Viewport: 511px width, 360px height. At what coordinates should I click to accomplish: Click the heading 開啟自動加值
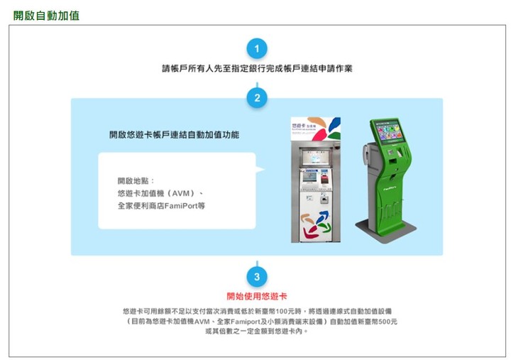coord(46,16)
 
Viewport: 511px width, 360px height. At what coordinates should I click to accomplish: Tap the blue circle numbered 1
coord(257,49)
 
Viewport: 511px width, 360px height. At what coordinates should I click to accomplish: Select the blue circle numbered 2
coord(257,98)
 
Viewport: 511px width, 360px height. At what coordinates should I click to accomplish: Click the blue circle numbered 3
coord(257,277)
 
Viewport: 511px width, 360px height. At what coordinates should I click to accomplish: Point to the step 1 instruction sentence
coord(257,68)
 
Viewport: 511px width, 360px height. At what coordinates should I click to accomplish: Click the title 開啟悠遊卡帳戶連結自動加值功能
coord(175,135)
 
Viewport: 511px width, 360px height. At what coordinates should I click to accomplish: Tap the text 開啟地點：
coord(136,181)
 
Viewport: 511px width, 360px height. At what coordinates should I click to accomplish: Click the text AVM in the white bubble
coord(181,193)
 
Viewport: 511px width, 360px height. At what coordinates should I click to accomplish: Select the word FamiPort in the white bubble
coord(181,206)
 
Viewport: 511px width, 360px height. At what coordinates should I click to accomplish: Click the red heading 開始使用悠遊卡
coord(257,296)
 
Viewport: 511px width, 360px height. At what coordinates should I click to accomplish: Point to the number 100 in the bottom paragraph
coord(281,312)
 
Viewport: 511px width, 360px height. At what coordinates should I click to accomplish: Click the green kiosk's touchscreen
coord(389,131)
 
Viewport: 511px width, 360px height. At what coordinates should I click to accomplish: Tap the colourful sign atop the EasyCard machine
coord(316,129)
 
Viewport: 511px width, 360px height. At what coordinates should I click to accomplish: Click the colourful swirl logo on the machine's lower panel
coord(316,226)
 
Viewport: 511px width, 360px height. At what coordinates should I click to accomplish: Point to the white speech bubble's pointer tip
coord(265,169)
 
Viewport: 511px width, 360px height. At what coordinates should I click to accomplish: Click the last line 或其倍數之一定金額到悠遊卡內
coord(256,332)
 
